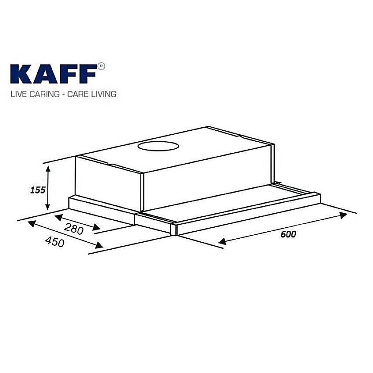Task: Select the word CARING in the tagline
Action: pyautogui.click(x=43, y=94)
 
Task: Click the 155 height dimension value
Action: pyautogui.click(x=38, y=190)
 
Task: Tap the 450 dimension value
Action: pyautogui.click(x=55, y=241)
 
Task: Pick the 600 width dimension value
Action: pyautogui.click(x=288, y=234)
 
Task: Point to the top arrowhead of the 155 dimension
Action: pyautogui.click(x=48, y=167)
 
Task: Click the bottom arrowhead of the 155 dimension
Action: pyautogui.click(x=48, y=207)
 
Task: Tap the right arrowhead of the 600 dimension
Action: pyautogui.click(x=343, y=215)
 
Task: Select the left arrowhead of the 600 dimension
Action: pyautogui.click(x=222, y=241)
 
